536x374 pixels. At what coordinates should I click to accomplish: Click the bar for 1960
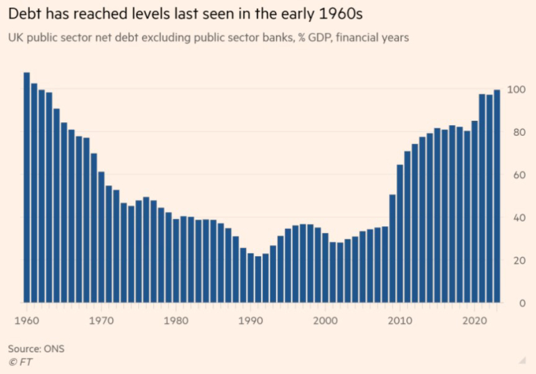27,187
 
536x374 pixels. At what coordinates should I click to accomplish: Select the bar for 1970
101,237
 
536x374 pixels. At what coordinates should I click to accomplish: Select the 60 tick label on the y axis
512,175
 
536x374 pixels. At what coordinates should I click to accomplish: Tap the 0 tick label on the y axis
510,303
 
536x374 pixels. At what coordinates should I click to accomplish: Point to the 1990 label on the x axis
251,322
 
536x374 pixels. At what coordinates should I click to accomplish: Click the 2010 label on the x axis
400,322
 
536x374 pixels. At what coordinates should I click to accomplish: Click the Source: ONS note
36,348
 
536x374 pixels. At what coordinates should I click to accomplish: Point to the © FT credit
21,362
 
